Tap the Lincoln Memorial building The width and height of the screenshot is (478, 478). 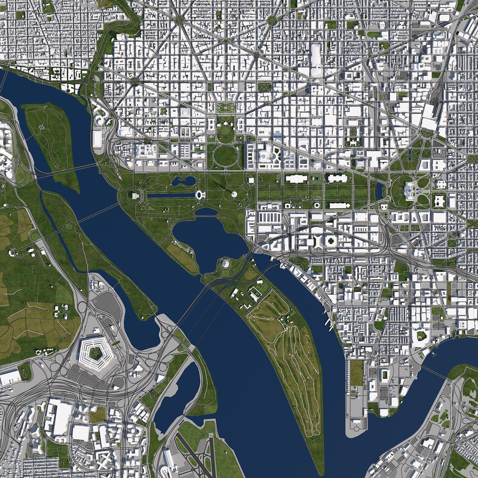(x=135, y=195)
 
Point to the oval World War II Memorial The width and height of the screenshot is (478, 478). (x=200, y=194)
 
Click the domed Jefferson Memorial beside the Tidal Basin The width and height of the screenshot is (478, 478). (x=226, y=263)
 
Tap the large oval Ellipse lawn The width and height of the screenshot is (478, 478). (x=225, y=155)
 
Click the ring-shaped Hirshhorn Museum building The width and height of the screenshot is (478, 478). (x=316, y=206)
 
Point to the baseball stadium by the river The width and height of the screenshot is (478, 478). (x=421, y=335)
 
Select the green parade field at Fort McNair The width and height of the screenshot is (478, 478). (x=356, y=373)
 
